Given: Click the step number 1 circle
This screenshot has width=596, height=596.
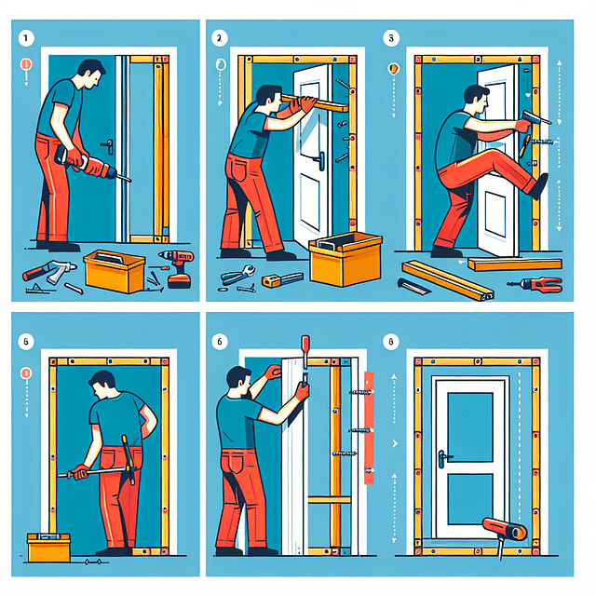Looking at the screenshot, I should coord(26,40).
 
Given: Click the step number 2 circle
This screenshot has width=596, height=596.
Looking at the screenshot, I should coord(220,40).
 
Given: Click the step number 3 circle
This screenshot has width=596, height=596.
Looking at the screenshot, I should coord(392,40).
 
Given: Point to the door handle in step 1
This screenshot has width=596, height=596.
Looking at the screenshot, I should coord(109,146).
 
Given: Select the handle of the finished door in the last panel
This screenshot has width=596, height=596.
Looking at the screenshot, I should coord(444,456).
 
